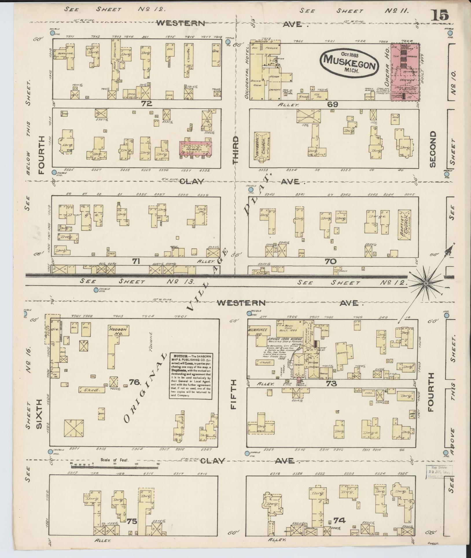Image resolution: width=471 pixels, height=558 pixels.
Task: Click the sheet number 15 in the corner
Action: point(440,15)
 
